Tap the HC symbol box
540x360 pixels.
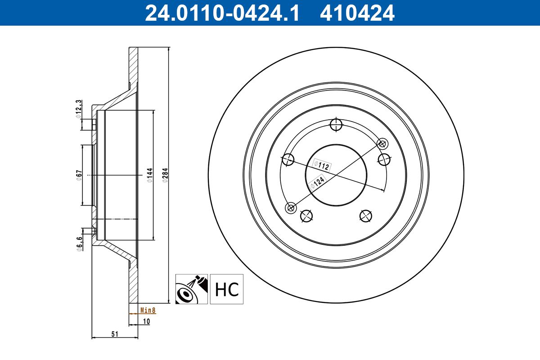tap(226, 289)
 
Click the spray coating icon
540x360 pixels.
tap(191, 289)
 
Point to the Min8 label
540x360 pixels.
tap(148, 310)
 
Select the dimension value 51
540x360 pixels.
tap(114, 333)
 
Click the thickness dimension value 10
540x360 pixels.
tap(146, 321)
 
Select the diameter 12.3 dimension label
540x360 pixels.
tap(78, 110)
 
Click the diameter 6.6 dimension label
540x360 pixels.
tap(79, 243)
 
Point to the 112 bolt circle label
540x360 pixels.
tap(322, 165)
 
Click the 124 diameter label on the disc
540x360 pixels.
tap(318, 182)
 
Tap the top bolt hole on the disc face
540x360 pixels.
tap(336, 124)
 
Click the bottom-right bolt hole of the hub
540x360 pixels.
tap(366, 216)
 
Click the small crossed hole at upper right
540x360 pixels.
tap(382, 144)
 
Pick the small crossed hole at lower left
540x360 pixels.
tap(291, 207)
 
